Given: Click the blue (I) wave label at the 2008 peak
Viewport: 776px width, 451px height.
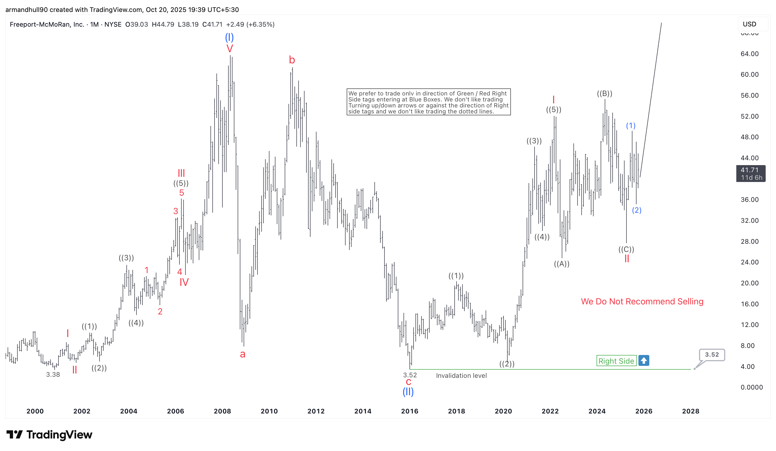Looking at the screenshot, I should (x=229, y=38).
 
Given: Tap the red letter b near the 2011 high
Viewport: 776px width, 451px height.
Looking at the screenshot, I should (x=292, y=60).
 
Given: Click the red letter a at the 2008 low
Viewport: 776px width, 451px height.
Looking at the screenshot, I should (x=242, y=354).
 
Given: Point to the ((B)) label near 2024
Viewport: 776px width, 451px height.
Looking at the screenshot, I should (x=604, y=93).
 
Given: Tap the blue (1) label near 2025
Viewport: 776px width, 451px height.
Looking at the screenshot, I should (x=630, y=125).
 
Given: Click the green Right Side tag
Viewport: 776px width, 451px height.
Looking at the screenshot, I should (x=616, y=361).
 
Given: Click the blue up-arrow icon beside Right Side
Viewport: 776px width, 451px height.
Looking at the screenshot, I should (x=643, y=360).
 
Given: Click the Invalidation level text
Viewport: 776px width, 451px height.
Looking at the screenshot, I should (x=461, y=376).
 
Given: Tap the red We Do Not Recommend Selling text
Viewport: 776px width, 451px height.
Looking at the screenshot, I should (x=642, y=301).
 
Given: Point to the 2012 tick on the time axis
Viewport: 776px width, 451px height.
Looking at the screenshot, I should (x=316, y=411).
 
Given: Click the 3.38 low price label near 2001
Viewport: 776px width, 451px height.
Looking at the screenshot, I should (x=53, y=375).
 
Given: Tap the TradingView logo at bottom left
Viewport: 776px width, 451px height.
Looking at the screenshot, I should (x=49, y=434).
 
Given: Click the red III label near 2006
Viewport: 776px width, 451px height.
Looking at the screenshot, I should (x=181, y=173).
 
